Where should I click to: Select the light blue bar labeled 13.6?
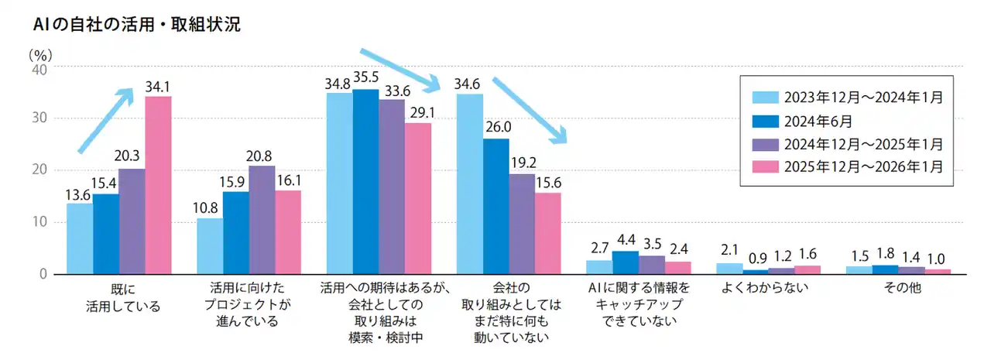pyautogui.click(x=80, y=238)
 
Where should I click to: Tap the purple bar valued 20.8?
pyautogui.click(x=262, y=220)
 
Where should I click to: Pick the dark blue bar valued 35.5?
pyautogui.click(x=365, y=181)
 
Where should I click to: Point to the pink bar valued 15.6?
pyautogui.click(x=548, y=233)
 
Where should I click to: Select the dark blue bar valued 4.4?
pyautogui.click(x=626, y=262)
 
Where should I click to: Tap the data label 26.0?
pyautogui.click(x=496, y=127)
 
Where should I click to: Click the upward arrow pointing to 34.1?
pyautogui.click(x=105, y=120)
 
